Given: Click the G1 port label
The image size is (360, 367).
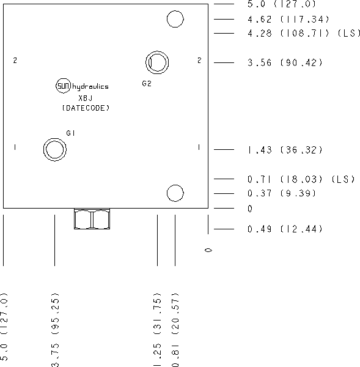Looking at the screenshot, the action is click(71, 133).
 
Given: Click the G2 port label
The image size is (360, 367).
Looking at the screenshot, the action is click(147, 84).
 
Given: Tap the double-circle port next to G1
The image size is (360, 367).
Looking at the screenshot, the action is click(55, 150).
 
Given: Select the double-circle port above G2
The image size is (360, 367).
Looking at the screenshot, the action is click(157, 62).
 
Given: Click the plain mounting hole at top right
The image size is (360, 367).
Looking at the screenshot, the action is click(175, 19).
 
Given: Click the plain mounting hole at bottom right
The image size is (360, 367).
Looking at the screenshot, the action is click(175, 193).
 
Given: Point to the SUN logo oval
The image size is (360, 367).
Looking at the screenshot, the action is click(63, 86).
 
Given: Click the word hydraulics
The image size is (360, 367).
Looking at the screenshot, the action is click(90, 87).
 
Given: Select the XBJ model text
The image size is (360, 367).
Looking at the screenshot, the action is click(86, 98).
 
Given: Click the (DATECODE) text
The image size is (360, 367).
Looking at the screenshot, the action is click(86, 108).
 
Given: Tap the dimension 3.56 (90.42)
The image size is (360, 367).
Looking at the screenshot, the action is click(285, 63).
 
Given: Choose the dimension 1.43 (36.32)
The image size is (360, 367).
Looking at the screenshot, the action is click(285, 150).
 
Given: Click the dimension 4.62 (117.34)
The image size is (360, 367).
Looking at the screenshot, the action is click(288, 20).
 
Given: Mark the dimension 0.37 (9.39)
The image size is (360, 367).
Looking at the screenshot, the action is click(282, 193).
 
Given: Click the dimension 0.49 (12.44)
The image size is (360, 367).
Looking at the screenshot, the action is click(285, 229).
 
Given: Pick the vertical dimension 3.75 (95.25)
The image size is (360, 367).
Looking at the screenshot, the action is click(55, 330).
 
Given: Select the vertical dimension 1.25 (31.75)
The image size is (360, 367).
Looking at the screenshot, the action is click(158, 330).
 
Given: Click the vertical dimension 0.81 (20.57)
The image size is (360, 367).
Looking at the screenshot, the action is click(175, 330).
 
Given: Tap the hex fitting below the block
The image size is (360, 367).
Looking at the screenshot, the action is click(92, 219).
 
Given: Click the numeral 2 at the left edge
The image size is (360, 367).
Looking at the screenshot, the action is click(15, 61).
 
